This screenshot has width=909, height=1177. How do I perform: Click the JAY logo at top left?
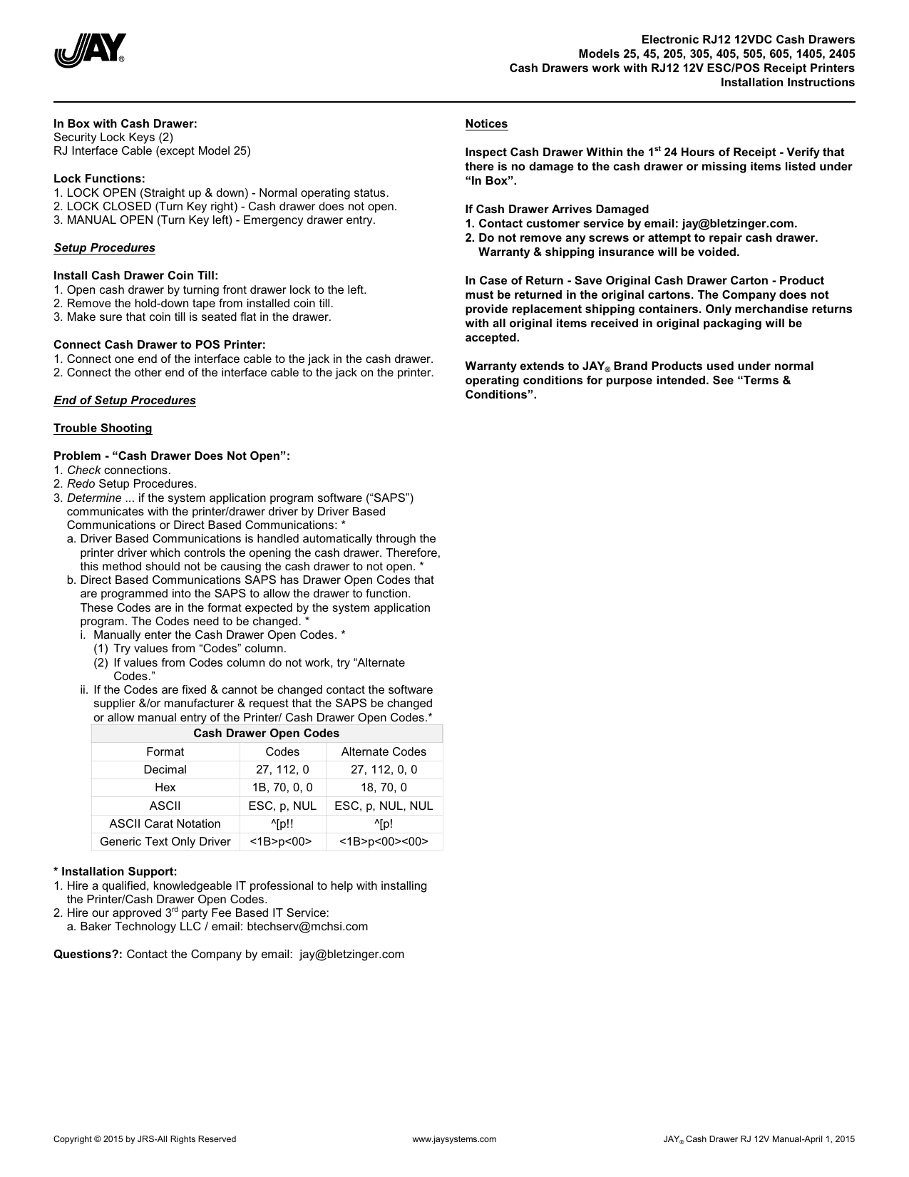[x=91, y=51]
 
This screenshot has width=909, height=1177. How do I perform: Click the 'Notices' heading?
[x=486, y=124]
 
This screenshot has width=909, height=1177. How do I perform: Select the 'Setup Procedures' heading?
[x=104, y=248]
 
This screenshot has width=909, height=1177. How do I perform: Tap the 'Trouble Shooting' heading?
[x=103, y=428]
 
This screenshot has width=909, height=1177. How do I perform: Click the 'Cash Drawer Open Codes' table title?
[x=266, y=734]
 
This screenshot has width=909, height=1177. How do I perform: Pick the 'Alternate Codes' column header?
[x=384, y=752]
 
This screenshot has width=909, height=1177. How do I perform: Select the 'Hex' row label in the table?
[x=165, y=788]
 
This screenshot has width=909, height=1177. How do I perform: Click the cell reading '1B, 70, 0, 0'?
[x=282, y=788]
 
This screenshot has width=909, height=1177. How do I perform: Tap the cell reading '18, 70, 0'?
[x=384, y=788]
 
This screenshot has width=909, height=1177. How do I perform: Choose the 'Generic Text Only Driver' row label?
[x=165, y=842]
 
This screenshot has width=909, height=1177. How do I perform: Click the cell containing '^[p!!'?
[x=282, y=824]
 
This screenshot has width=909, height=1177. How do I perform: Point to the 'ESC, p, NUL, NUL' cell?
[x=384, y=806]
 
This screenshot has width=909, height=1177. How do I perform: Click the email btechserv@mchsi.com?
[x=307, y=927]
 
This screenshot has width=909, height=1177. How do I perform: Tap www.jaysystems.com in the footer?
[x=454, y=1139]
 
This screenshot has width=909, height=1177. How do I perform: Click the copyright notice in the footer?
[x=145, y=1139]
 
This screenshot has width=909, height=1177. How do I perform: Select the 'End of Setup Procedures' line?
[x=125, y=401]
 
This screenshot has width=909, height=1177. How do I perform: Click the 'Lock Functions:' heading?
[x=99, y=179]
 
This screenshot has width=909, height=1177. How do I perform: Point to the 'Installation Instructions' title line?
[x=787, y=83]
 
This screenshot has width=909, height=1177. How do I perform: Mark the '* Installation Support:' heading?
[x=115, y=872]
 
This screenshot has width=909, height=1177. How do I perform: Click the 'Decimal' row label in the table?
[x=165, y=770]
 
